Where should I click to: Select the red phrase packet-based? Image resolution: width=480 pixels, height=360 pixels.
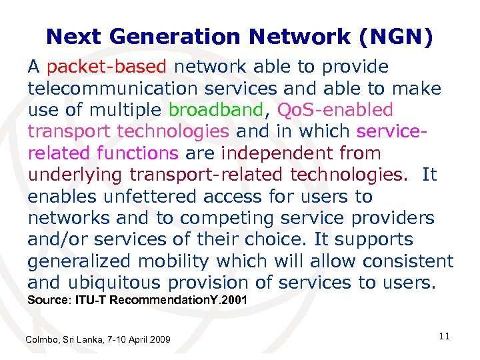click(110, 67)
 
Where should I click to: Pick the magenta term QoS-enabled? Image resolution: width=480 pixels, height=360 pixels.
click(335, 110)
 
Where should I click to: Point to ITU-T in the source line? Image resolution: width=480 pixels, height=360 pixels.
click(91, 301)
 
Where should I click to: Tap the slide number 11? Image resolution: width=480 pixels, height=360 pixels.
click(445, 337)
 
